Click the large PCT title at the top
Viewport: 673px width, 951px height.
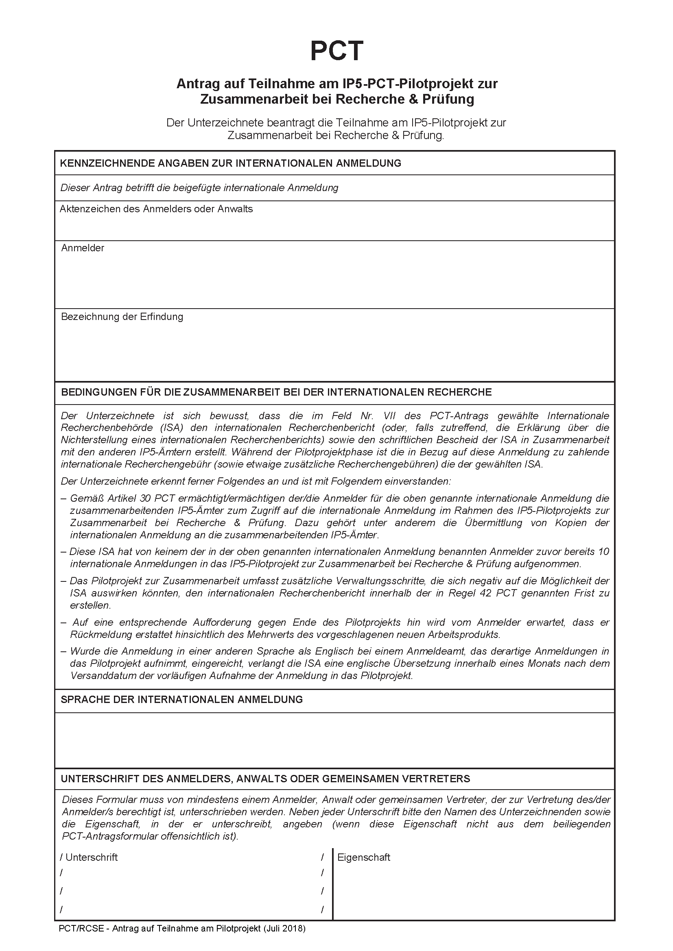pos(336,51)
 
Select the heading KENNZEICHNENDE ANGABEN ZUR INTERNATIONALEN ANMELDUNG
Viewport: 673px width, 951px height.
pos(230,163)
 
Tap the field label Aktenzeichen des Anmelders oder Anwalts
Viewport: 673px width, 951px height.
pos(156,209)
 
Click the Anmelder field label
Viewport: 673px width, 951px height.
pos(83,248)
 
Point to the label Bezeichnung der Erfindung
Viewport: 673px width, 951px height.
pos(122,317)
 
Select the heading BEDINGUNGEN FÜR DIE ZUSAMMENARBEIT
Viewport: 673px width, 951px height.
pos(276,392)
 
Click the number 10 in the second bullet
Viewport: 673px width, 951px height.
pos(603,552)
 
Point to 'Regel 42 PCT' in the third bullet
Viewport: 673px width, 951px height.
pos(483,593)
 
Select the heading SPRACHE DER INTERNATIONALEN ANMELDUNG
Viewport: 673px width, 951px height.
pos(181,700)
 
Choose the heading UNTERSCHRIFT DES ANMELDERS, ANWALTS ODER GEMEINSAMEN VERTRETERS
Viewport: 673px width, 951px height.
pos(265,779)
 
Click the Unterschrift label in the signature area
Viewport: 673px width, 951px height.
pos(92,857)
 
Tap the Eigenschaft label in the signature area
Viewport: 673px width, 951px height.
pos(364,857)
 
